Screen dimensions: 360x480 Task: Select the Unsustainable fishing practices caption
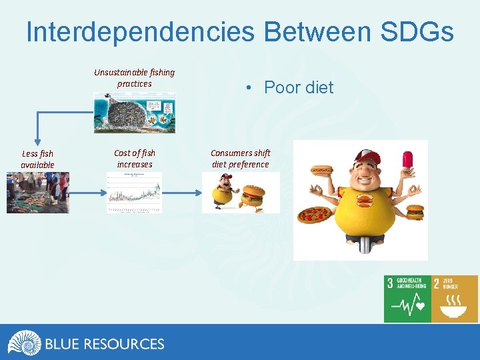click(x=134, y=78)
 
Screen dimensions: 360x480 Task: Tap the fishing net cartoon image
click(x=134, y=112)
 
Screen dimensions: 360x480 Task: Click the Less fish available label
click(x=37, y=159)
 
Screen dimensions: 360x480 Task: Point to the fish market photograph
click(x=37, y=193)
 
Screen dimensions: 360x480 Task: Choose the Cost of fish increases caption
click(x=134, y=159)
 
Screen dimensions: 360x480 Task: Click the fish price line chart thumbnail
click(x=134, y=193)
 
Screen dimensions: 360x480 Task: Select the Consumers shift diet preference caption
click(x=240, y=159)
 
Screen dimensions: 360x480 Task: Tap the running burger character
click(x=252, y=197)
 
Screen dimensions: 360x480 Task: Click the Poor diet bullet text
click(x=298, y=87)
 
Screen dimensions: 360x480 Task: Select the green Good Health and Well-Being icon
click(x=407, y=299)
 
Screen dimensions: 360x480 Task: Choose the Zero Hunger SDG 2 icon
click(x=455, y=299)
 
